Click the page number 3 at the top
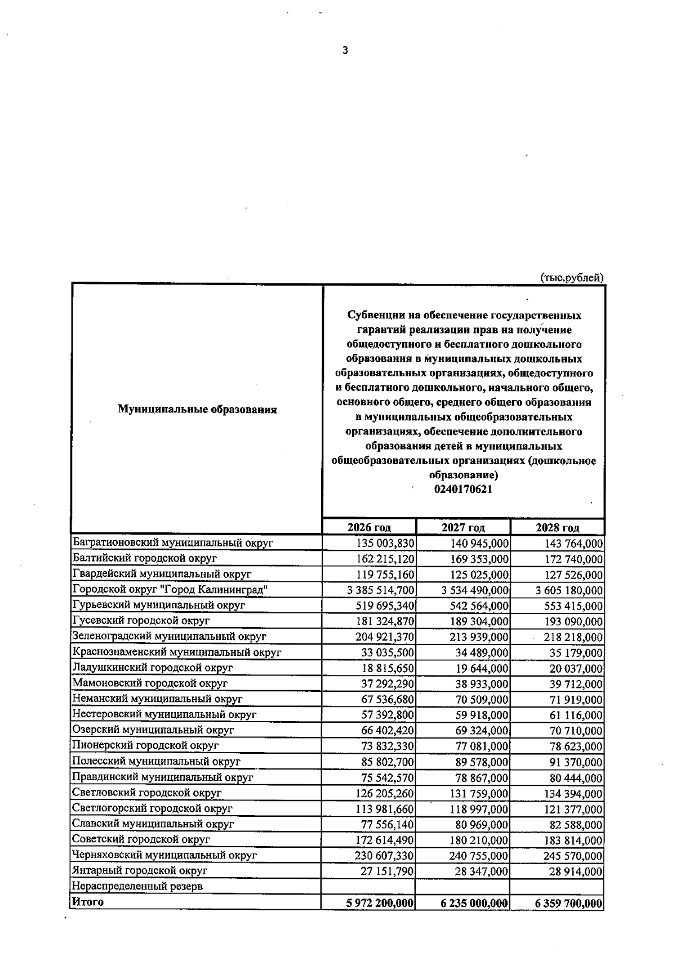click(x=345, y=51)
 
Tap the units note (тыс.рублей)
click(x=572, y=277)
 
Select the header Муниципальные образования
click(x=197, y=410)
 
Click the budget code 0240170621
click(x=463, y=489)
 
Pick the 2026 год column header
click(x=369, y=527)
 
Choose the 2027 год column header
click(x=463, y=527)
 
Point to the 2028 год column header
click(x=557, y=527)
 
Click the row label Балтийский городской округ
click(x=145, y=558)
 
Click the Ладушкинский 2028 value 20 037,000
click(x=576, y=669)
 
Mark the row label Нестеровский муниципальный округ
click(x=164, y=714)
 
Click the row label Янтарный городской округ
click(x=140, y=870)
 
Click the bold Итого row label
click(x=87, y=902)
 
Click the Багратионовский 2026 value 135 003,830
click(x=385, y=544)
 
